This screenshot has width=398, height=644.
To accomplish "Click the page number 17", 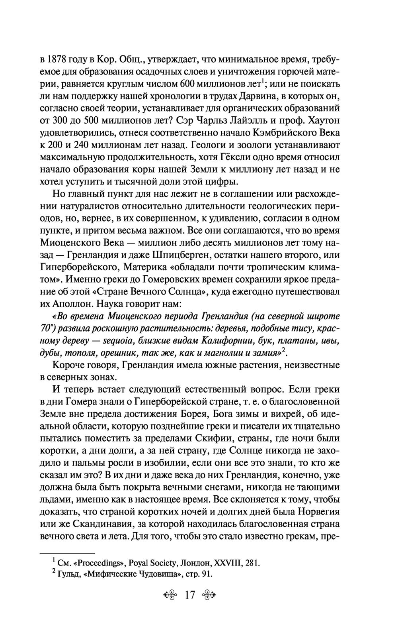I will click(189, 595).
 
